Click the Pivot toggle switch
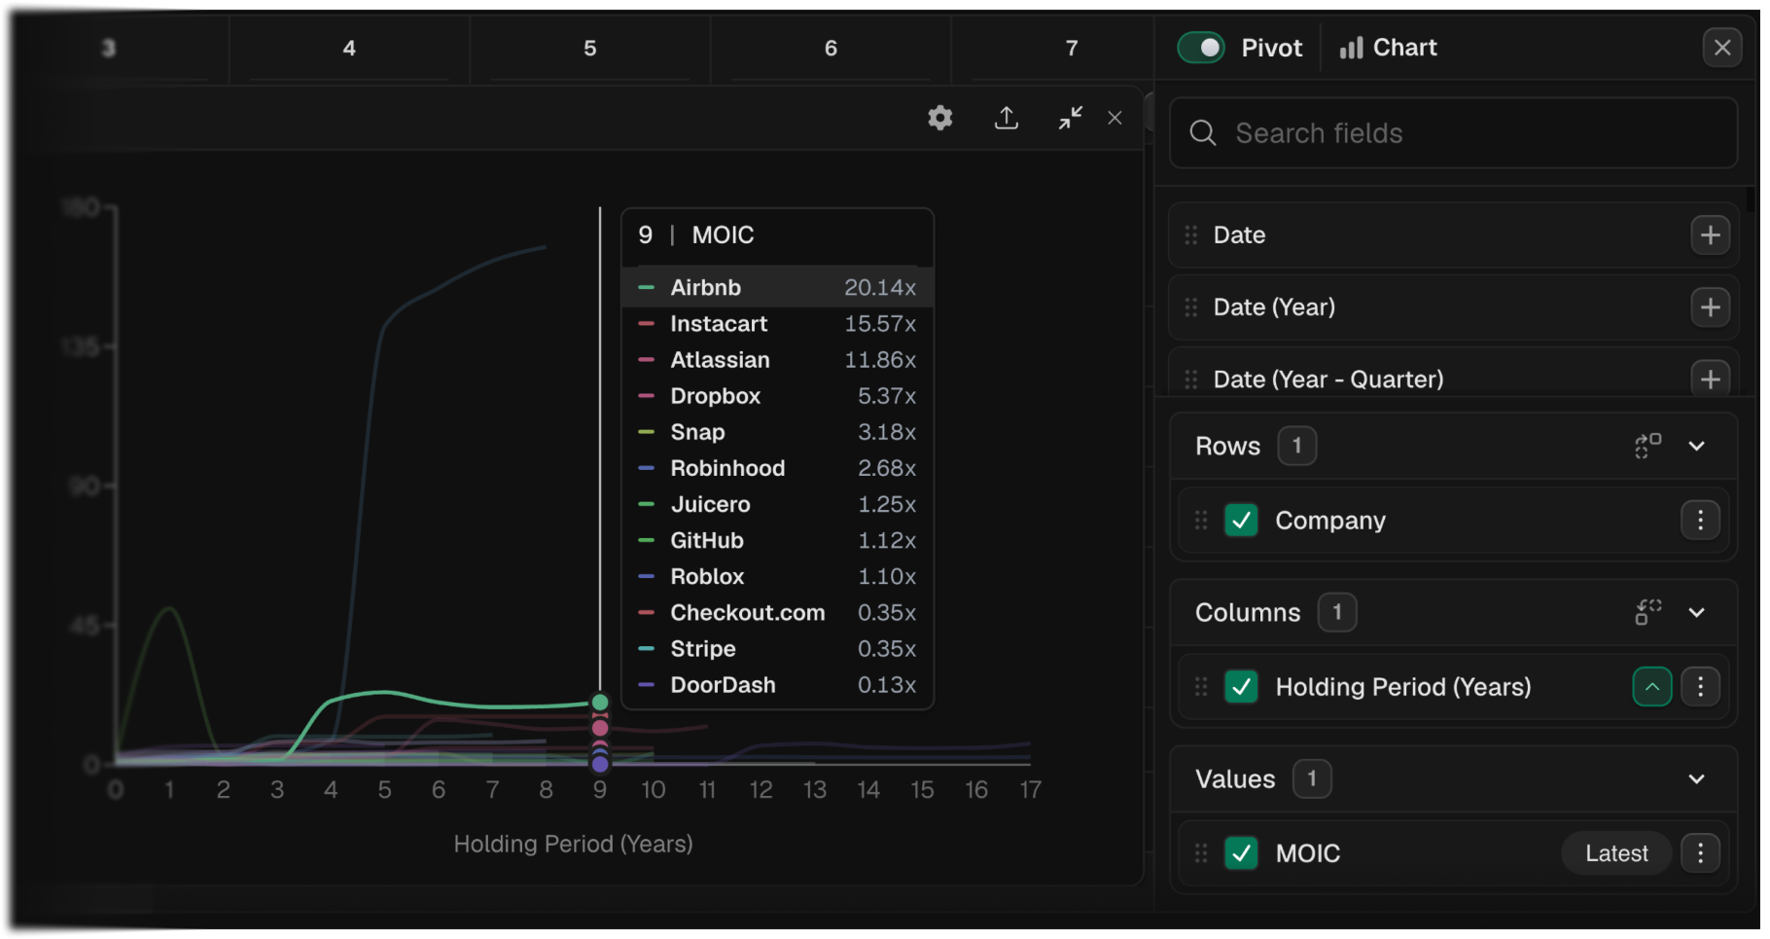pyautogui.click(x=1201, y=48)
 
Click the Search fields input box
pyautogui.click(x=1454, y=133)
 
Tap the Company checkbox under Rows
pyautogui.click(x=1241, y=521)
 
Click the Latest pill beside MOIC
pyautogui.click(x=1615, y=853)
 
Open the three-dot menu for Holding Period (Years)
pyautogui.click(x=1700, y=687)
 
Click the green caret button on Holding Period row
pyautogui.click(x=1651, y=687)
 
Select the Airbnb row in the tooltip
pyautogui.click(x=777, y=287)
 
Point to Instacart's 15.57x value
pyautogui.click(x=879, y=324)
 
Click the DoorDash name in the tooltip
pyautogui.click(x=723, y=685)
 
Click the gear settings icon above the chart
pyautogui.click(x=939, y=119)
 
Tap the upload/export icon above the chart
pyautogui.click(x=1007, y=119)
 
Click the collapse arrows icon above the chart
pyautogui.click(x=1070, y=119)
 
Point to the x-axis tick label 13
pyautogui.click(x=814, y=790)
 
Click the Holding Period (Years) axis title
pyautogui.click(x=573, y=844)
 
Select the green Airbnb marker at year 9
pyautogui.click(x=600, y=702)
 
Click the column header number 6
pyautogui.click(x=831, y=48)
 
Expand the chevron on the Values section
pyautogui.click(x=1696, y=778)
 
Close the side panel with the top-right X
pyautogui.click(x=1721, y=48)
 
